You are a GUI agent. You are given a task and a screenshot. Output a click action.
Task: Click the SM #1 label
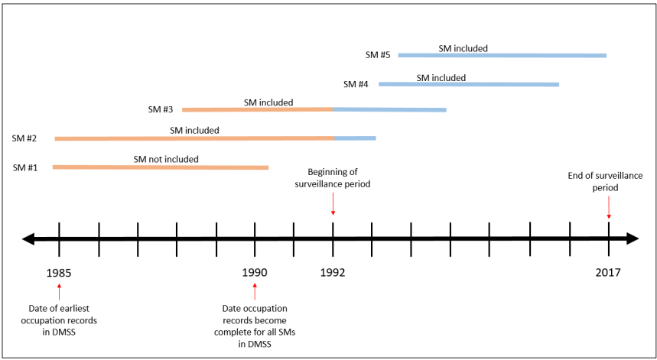tap(25, 167)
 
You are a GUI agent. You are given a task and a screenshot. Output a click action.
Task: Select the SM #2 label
tap(25, 138)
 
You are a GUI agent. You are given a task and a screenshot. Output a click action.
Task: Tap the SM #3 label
tap(161, 109)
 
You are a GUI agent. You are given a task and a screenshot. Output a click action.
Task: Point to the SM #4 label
tap(356, 83)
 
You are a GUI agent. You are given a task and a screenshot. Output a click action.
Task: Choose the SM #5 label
tap(378, 55)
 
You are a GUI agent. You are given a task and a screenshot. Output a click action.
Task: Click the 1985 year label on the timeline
tap(59, 272)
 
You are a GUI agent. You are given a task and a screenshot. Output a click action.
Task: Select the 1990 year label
tap(255, 272)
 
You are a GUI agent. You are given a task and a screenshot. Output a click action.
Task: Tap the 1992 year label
tap(333, 272)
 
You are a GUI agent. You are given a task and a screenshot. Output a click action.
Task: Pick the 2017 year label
tap(608, 272)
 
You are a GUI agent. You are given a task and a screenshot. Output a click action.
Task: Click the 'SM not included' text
tap(166, 159)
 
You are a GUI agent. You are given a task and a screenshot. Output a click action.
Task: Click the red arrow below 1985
tap(59, 291)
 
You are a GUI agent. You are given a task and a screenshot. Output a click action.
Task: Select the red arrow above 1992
tap(333, 204)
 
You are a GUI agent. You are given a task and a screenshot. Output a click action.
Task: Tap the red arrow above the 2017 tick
tap(609, 207)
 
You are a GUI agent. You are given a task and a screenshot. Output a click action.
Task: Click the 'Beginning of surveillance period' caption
tap(333, 178)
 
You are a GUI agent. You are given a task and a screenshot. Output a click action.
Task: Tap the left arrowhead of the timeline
tap(28, 239)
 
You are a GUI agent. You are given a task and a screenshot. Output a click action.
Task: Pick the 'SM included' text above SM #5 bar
tap(463, 48)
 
